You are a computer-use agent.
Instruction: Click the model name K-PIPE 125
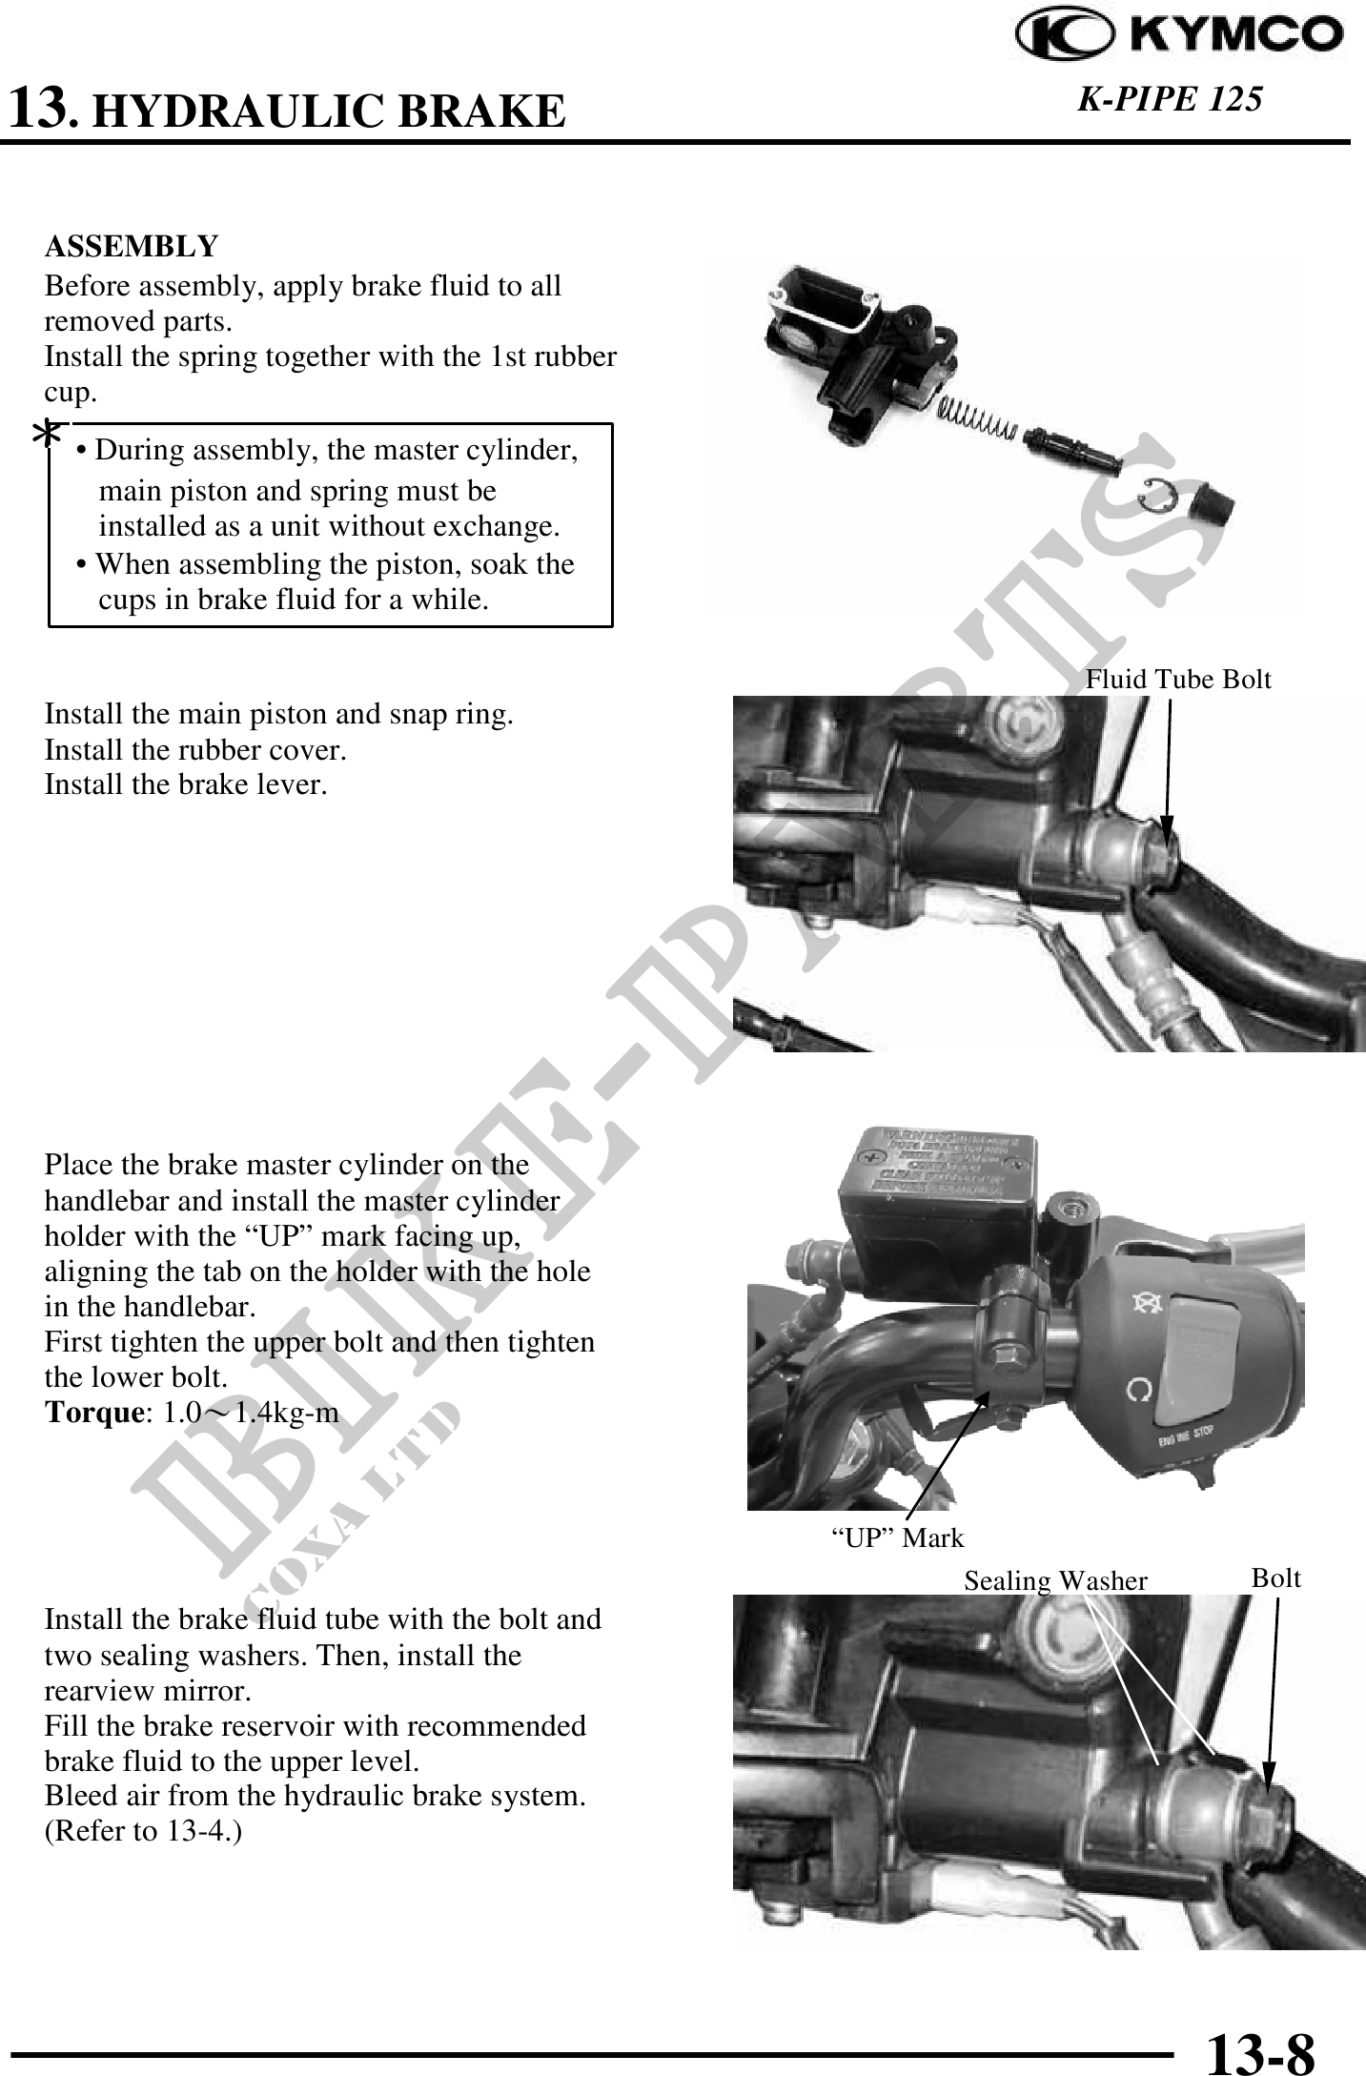pos(1170,98)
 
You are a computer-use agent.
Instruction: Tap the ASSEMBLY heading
pos(132,247)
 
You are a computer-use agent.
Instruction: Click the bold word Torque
pos(92,1413)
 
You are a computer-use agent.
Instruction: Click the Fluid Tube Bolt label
pos(1179,679)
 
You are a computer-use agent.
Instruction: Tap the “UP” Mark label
pos(898,1537)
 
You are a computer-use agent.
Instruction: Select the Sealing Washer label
pos(1055,1581)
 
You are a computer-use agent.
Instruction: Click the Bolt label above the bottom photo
pos(1275,1578)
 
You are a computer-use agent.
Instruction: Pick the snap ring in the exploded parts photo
pos(1159,495)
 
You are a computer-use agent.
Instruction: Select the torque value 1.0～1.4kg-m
pos(251,1413)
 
